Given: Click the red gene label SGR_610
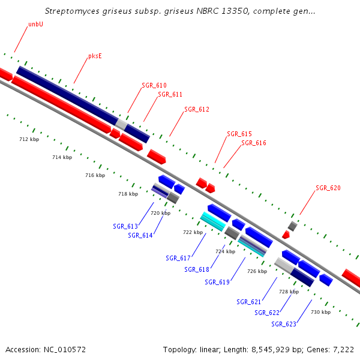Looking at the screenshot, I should coord(154,85).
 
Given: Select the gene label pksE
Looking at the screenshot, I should coord(95,56).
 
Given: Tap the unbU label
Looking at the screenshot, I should coord(35,25).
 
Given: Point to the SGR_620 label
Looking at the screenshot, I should coord(328,188).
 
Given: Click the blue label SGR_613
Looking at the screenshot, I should coord(125,226).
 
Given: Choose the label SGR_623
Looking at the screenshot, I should coord(284,324).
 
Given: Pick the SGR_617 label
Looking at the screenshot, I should coord(178,258).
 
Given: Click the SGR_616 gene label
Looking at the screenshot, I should coord(254,143).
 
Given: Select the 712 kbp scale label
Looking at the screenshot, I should coord(29,139).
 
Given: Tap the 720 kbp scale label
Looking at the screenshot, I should coord(160,213).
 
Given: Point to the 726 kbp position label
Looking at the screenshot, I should coord(257,271).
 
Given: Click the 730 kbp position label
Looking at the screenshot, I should coord(320,312).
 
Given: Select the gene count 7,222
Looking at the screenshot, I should coord(343,349).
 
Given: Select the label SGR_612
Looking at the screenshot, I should coord(197,109).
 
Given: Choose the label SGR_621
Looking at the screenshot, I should coord(249,302).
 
